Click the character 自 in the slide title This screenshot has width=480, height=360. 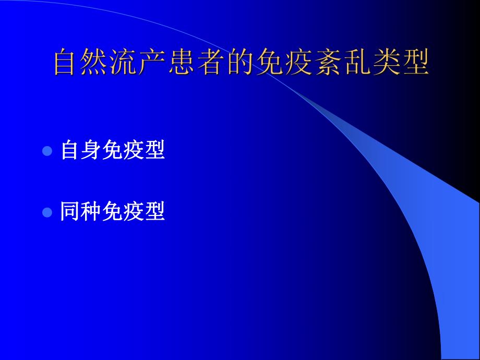point(66,63)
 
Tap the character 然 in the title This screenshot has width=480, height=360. point(95,63)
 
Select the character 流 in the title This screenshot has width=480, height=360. point(125,63)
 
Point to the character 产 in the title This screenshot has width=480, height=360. point(154,63)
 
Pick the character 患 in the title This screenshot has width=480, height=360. point(183,63)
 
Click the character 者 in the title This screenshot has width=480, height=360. point(212,63)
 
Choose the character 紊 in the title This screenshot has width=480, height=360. point(328,63)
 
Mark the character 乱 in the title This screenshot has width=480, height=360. point(357,63)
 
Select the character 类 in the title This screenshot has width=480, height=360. point(387,63)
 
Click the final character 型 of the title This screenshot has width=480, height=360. point(416,63)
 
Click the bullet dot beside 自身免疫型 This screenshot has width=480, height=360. point(47,151)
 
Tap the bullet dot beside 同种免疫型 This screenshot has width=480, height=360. point(47,212)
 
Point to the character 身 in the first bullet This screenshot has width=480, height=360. point(92,151)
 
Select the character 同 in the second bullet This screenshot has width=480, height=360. point(70,212)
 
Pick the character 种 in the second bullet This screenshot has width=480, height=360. point(92,212)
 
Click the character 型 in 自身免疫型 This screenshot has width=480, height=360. point(155,151)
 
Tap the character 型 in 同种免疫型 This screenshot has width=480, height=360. point(155,212)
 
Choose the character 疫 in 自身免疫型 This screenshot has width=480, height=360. point(134,151)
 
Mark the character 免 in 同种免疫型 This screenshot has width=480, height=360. point(113,212)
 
